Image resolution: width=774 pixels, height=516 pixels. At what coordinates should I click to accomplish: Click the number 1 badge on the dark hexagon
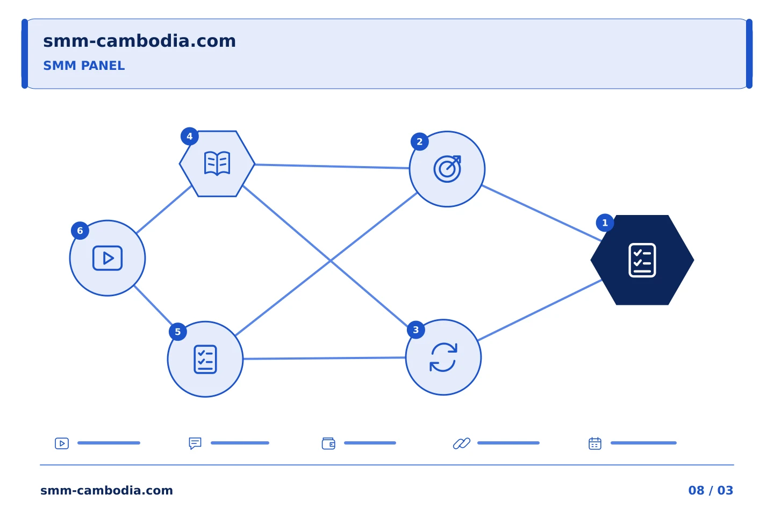605,223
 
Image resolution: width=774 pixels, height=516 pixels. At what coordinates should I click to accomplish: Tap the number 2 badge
419,142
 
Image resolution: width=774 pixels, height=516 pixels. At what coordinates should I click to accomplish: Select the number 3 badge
415,330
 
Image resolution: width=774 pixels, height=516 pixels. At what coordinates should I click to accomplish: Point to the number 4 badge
189,136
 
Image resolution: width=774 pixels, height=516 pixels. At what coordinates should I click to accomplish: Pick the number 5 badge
177,332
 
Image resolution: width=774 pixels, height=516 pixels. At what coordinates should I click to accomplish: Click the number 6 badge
80,231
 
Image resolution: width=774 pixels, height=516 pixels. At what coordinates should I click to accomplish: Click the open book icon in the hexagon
217,163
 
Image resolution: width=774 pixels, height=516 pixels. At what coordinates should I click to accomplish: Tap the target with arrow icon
447,169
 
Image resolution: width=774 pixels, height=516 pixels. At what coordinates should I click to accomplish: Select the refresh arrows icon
443,357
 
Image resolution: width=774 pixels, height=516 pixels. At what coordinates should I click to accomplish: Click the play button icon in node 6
107,258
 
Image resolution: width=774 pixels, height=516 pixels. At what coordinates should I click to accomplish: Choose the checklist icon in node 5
205,360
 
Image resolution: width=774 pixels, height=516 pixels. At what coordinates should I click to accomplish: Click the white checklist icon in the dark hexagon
642,260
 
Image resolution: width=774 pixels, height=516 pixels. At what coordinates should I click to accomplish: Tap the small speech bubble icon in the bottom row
195,443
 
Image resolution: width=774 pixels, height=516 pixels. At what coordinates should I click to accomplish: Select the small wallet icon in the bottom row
328,443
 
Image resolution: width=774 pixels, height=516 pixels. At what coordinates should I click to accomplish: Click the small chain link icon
462,443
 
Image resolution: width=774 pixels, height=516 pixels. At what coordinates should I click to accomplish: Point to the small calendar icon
595,443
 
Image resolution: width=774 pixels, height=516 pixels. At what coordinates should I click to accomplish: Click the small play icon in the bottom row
62,443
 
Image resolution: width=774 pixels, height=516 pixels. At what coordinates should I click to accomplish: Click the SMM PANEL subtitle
84,66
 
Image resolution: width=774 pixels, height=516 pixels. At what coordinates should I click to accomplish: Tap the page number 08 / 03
711,490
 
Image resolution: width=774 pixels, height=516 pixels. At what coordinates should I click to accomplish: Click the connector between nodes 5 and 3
324,358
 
